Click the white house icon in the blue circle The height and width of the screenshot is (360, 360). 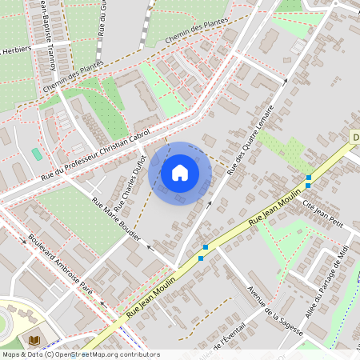coord(180,173)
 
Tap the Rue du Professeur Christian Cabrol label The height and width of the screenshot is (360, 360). coord(95,154)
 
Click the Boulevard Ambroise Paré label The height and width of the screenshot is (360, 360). coord(61,265)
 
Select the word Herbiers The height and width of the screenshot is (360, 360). coord(16,50)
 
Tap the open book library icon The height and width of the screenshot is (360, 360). coord(34,341)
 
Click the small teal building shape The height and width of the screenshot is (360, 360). coord(37,153)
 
